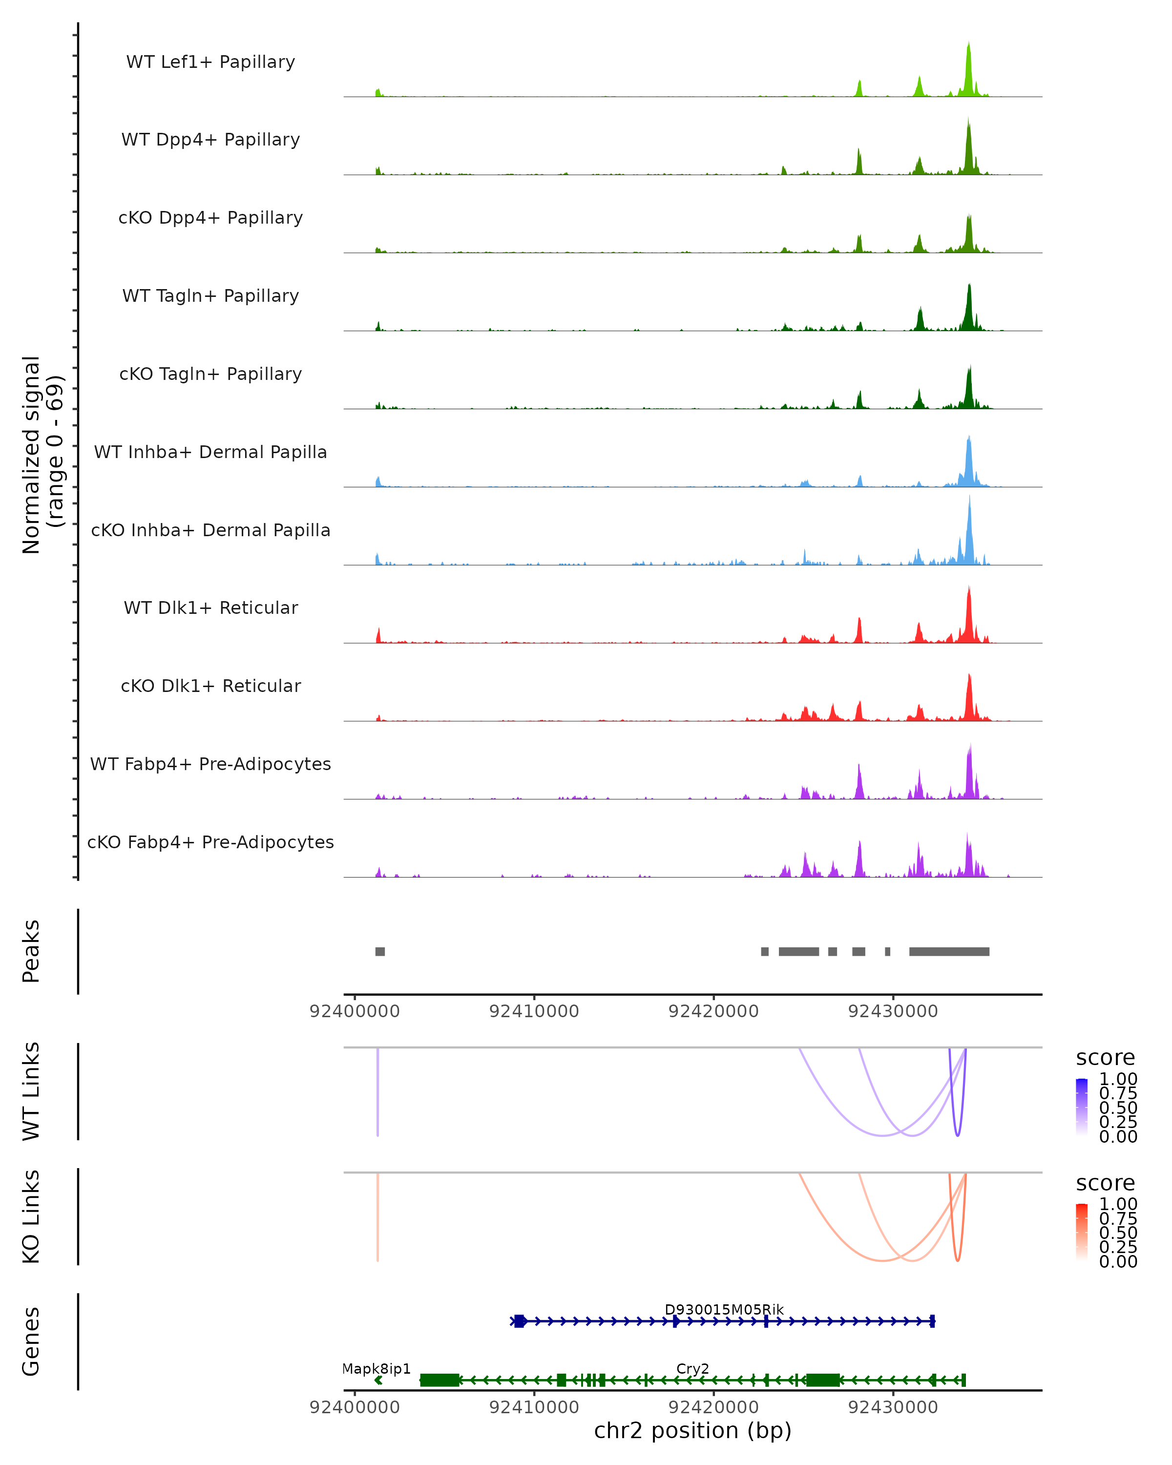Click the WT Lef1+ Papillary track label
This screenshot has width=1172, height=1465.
[210, 62]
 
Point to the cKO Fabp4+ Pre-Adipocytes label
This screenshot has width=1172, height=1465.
[210, 842]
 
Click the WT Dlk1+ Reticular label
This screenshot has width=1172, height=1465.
[210, 607]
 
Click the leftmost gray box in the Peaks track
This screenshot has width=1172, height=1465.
[380, 951]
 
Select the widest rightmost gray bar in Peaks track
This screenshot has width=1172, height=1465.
[949, 951]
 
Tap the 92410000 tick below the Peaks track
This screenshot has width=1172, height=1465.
[534, 1011]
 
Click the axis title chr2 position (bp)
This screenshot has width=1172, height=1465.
[692, 1431]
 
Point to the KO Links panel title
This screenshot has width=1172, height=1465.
[31, 1217]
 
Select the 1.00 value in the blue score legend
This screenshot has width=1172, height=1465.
[1118, 1079]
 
